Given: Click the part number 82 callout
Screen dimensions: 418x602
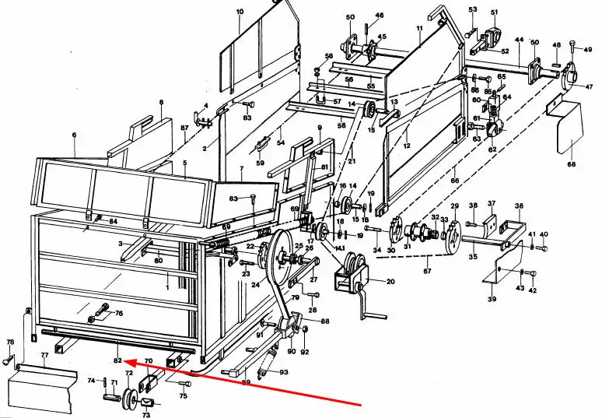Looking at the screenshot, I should tap(117, 360).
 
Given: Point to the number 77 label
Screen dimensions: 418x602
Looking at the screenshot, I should tap(44, 357).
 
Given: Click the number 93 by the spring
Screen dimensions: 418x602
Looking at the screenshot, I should tap(284, 372).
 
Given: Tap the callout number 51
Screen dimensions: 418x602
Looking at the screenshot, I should tap(493, 12).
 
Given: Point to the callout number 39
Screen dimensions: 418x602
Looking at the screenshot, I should tap(492, 299).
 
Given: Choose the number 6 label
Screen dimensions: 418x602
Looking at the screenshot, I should tap(75, 135).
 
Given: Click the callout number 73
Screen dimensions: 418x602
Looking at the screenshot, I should tap(145, 416).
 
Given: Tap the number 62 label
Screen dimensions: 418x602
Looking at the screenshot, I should tap(492, 149).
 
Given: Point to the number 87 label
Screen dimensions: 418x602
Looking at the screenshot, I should tap(184, 127).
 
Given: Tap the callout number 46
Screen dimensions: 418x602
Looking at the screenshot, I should tap(379, 16).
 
